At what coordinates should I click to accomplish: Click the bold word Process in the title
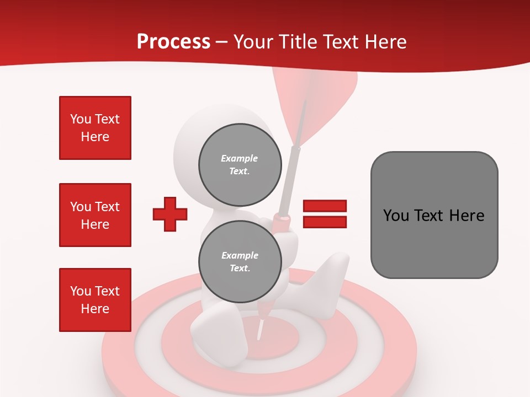(173, 42)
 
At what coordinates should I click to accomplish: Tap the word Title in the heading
(297, 42)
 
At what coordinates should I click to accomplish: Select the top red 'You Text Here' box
(95, 128)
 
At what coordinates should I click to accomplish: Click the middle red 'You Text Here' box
(95, 215)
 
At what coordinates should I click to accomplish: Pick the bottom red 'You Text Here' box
(95, 300)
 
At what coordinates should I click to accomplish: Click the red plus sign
(170, 214)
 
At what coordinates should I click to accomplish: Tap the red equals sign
(325, 214)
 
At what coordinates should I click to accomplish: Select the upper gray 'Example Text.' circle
(240, 165)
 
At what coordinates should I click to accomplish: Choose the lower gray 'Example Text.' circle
(240, 262)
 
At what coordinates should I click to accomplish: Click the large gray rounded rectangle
(434, 215)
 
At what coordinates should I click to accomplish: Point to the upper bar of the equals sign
(325, 206)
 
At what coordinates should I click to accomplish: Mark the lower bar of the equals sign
(325, 222)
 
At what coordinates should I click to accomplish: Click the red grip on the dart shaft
(282, 220)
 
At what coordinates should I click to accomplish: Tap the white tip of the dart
(259, 331)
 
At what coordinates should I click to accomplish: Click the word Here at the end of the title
(386, 42)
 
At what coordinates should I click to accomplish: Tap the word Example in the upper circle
(240, 158)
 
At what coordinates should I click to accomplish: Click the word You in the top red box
(80, 119)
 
